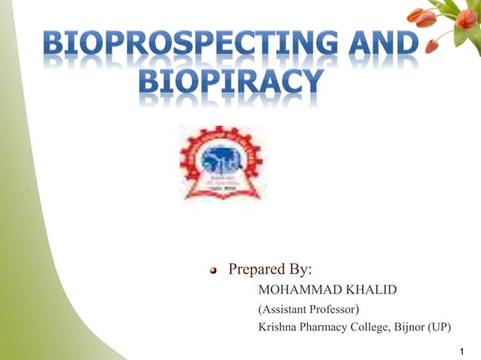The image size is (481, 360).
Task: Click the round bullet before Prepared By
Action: (x=214, y=270)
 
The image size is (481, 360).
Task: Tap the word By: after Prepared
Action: (x=301, y=269)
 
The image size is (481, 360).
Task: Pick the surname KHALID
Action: (x=366, y=290)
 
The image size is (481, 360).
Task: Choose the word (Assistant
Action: (x=283, y=310)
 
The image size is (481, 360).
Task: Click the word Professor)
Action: (x=336, y=310)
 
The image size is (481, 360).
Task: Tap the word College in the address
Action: (x=375, y=328)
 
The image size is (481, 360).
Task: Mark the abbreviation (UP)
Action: (x=443, y=328)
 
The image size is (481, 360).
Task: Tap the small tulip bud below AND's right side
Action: (x=432, y=47)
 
